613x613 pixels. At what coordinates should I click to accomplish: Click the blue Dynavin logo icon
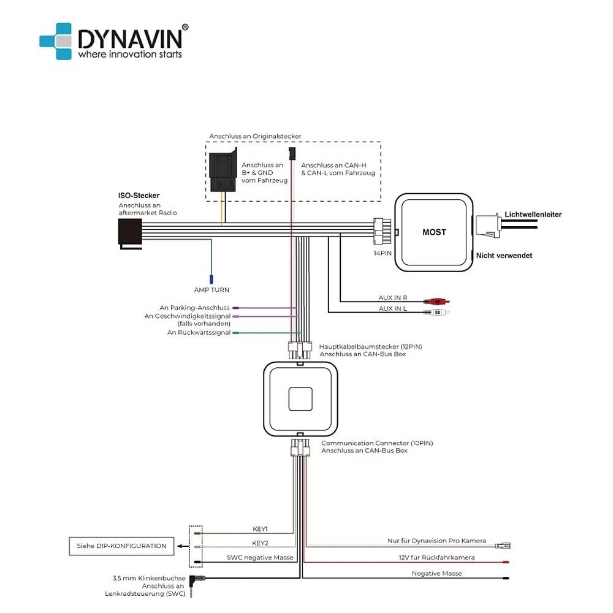point(56,41)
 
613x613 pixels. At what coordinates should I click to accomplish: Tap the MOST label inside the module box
point(434,232)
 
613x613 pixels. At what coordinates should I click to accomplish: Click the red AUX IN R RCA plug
point(437,302)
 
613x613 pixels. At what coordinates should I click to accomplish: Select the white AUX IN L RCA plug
point(437,313)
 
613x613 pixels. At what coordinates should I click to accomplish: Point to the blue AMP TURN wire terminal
point(211,279)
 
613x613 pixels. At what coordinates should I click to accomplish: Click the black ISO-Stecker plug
point(130,234)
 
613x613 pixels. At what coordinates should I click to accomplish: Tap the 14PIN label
point(383,253)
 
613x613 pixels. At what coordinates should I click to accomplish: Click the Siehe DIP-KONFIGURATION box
point(121,546)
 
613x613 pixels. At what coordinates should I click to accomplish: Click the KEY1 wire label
point(260,529)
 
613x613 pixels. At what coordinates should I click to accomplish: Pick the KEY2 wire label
point(260,543)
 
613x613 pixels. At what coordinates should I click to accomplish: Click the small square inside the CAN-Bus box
point(300,399)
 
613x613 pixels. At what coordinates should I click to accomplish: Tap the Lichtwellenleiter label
point(533,215)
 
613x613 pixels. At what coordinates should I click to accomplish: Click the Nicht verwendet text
point(504,256)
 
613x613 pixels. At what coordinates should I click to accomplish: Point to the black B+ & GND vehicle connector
point(223,170)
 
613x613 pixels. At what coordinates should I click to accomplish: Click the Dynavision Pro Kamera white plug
point(503,546)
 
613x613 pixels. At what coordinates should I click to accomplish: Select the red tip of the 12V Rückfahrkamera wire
point(506,562)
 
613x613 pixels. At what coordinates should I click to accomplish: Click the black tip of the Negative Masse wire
point(506,578)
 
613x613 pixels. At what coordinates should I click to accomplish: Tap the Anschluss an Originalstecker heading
point(255,137)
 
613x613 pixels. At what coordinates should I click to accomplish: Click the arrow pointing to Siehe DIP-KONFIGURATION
point(182,546)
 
